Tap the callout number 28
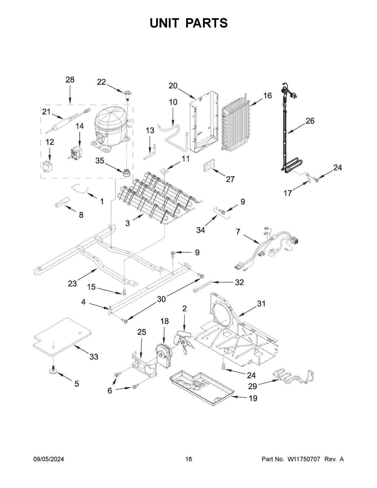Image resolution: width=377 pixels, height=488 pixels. pos(70,80)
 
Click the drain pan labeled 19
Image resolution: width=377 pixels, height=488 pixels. pos(201,384)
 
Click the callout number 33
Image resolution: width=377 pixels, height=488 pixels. pos(94,357)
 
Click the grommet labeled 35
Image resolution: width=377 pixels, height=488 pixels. pos(127,173)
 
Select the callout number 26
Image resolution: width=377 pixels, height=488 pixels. pos(310,121)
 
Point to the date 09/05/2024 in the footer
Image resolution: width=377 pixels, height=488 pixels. pos(49,459)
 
